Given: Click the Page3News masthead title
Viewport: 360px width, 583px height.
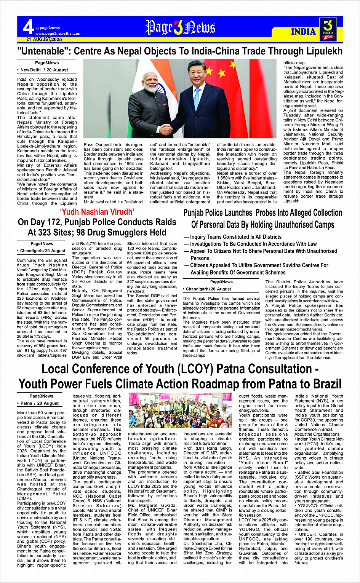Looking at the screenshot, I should click(x=180, y=28).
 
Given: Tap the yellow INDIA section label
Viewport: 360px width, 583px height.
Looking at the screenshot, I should click(x=303, y=32).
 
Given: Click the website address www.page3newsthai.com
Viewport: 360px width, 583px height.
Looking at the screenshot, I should click(x=58, y=34).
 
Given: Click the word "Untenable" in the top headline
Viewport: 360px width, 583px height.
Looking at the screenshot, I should click(x=42, y=51).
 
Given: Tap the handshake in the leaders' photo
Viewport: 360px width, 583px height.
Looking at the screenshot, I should click(x=166, y=129).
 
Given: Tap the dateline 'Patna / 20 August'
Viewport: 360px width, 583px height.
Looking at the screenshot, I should click(x=40, y=403).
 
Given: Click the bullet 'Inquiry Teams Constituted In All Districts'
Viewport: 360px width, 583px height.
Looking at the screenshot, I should click(x=235, y=237).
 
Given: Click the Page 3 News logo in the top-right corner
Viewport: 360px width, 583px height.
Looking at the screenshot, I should click(x=328, y=29).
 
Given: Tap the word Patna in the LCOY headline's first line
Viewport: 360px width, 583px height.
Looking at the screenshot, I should click(x=236, y=369).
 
